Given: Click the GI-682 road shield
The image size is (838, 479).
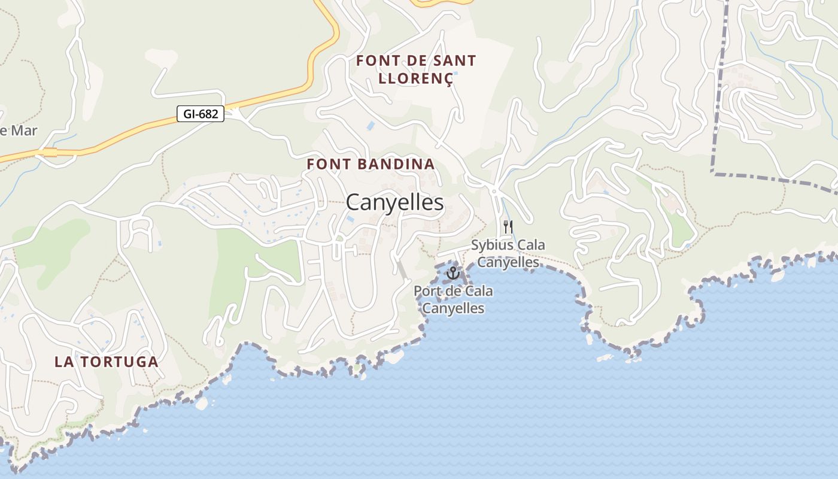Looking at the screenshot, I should pos(201,114).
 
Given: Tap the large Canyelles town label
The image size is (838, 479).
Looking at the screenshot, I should pos(394,202).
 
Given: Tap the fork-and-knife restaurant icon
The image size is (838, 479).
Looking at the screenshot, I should pos(508,227).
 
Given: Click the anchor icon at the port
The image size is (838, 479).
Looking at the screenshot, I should pos(453,274).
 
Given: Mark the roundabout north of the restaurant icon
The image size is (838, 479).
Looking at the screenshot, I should pos(494,190).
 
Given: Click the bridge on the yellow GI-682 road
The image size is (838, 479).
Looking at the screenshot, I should pos(50,153).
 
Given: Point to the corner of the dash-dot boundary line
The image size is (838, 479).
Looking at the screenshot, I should pos(713,172).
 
